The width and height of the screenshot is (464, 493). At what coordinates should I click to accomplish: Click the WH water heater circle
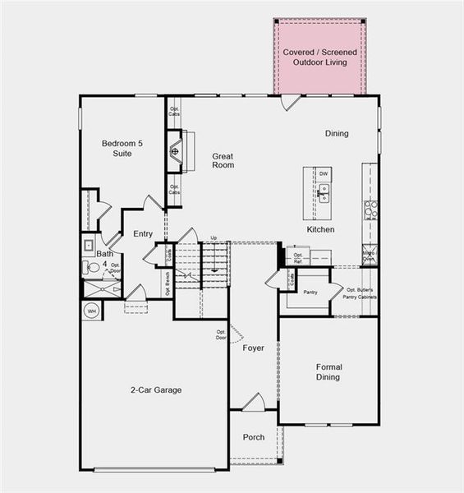pyautogui.click(x=91, y=311)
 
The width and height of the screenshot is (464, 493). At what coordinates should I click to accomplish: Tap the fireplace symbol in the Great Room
pyautogui.click(x=175, y=152)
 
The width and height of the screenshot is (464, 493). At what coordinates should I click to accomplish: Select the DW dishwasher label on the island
pyautogui.click(x=324, y=173)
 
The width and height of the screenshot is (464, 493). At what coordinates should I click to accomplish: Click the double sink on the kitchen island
pyautogui.click(x=324, y=193)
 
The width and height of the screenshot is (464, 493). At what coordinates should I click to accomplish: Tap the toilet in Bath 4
pyautogui.click(x=91, y=267)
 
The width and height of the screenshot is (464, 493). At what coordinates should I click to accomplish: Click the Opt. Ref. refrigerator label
pyautogui.click(x=299, y=257)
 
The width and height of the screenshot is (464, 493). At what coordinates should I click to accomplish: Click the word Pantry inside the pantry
pyautogui.click(x=310, y=292)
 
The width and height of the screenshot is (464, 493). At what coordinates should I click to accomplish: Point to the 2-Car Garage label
pyautogui.click(x=156, y=389)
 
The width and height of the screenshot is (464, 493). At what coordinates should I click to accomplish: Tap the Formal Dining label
pyautogui.click(x=328, y=371)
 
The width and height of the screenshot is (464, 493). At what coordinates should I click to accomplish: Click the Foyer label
pyautogui.click(x=253, y=348)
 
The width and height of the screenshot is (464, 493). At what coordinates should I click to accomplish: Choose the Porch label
pyautogui.click(x=254, y=437)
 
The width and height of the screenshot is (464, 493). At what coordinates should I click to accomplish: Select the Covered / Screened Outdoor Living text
pyautogui.click(x=319, y=58)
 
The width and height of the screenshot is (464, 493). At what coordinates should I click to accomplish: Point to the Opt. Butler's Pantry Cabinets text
pyautogui.click(x=361, y=293)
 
